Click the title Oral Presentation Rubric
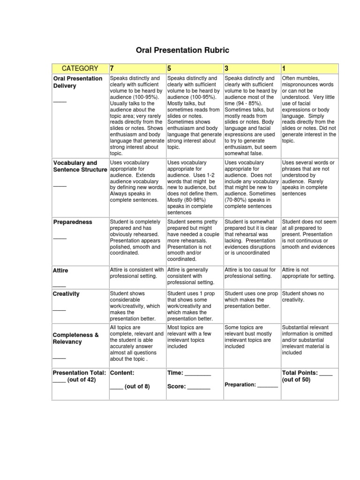coord(182,50)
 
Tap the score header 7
coord(112,68)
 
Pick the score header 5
coord(170,68)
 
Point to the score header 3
coord(227,68)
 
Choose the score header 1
coord(284,68)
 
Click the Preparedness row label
coord(73,222)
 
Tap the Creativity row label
coord(66,294)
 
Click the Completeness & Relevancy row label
coord(76,338)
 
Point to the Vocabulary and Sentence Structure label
coord(80,166)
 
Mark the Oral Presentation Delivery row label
coord(77,82)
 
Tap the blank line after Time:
coord(198,375)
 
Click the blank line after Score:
coord(199,388)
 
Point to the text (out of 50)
coord(296,380)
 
